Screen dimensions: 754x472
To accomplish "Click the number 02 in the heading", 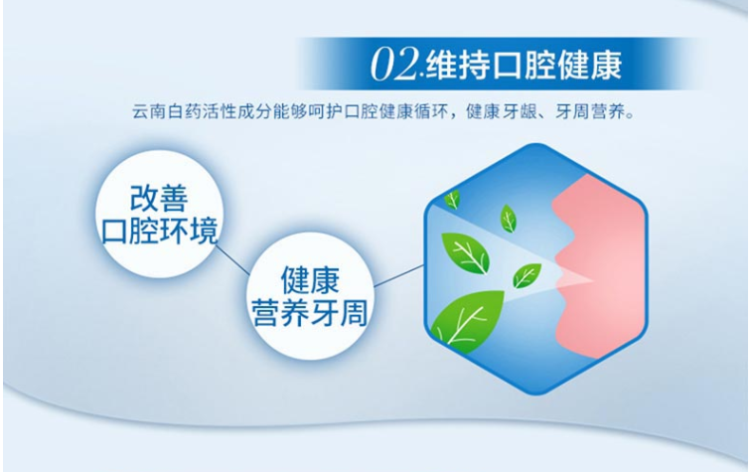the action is click(x=393, y=65).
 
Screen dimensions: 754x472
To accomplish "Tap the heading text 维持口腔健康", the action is click(x=525, y=65).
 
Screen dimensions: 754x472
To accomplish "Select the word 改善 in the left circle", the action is click(x=159, y=198).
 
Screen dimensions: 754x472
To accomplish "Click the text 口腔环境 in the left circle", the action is click(x=159, y=231).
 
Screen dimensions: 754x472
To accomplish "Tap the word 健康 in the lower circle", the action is click(x=310, y=280).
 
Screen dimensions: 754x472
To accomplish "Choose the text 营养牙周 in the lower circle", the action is click(x=310, y=313).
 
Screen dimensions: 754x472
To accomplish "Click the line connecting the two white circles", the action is click(x=232, y=260).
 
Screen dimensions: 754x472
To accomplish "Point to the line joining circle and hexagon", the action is click(x=398, y=275).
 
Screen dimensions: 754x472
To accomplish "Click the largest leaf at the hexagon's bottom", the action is click(x=466, y=320).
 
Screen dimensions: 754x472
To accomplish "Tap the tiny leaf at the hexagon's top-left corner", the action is click(x=452, y=198).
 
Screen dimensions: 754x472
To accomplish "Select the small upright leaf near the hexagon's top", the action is click(x=508, y=218).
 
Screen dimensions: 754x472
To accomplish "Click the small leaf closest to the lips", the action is click(x=527, y=275).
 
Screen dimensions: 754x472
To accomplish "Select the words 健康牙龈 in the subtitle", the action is click(x=503, y=112).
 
